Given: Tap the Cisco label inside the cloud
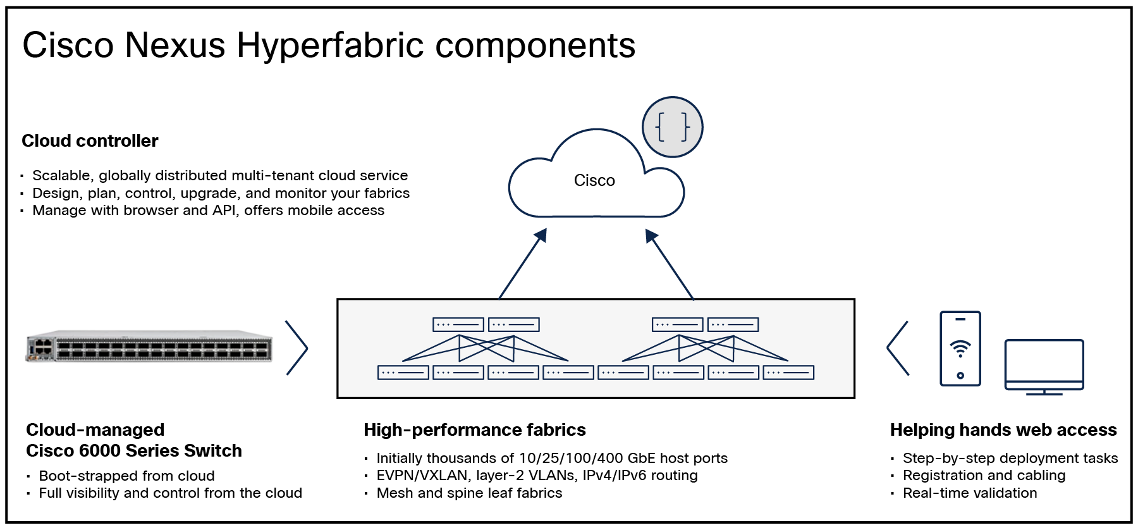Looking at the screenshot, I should [x=594, y=181].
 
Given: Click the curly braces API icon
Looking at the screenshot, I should [x=672, y=127].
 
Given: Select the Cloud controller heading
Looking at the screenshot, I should [x=90, y=141].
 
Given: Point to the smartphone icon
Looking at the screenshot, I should [x=960, y=348].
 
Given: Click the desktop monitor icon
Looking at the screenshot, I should [x=1044, y=366].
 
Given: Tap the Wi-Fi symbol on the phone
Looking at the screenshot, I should [x=960, y=348].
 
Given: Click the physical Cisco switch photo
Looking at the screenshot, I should [x=150, y=347].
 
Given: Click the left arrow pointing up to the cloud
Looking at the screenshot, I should [x=522, y=264].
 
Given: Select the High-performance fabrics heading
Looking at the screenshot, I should [x=475, y=430].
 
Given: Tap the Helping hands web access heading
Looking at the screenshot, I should [x=1003, y=430].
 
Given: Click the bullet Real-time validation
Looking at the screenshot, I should [x=970, y=493].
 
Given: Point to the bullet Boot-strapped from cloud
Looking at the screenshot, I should [x=126, y=476].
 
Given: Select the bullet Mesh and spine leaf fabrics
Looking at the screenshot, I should [x=469, y=493].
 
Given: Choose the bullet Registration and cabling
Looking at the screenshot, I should [x=984, y=476].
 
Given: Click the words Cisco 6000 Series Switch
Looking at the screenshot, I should [x=134, y=451].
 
